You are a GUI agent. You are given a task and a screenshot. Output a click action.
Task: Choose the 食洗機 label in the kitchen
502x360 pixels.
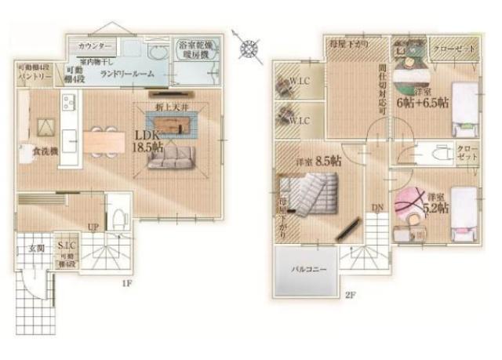[x=45, y=151]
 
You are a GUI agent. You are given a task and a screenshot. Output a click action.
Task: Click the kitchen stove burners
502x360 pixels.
[x=69, y=102]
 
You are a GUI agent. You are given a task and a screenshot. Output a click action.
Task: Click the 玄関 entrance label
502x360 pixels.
[x=36, y=249]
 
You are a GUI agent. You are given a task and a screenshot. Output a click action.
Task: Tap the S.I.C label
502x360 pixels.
[x=67, y=246]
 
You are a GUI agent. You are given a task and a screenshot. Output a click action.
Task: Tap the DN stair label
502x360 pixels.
[x=376, y=207]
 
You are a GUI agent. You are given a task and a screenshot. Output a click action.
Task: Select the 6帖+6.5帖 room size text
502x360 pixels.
[x=423, y=102]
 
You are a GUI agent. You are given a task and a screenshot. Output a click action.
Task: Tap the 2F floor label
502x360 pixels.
[x=350, y=296]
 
